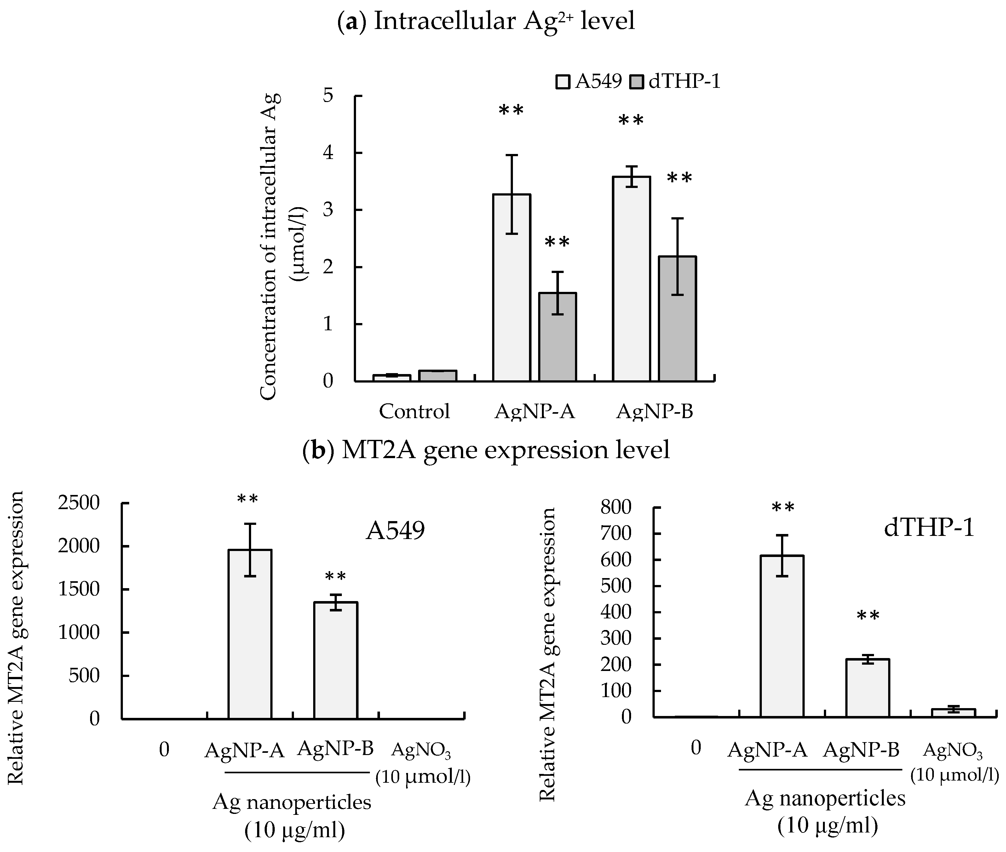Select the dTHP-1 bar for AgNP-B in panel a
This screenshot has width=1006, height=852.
677,319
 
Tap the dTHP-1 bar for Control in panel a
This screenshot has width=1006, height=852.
438,376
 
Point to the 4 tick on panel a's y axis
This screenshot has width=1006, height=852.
329,153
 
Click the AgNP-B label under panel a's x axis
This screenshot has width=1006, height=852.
655,412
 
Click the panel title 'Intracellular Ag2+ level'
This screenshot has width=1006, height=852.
486,21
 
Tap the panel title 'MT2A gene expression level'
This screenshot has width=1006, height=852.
486,450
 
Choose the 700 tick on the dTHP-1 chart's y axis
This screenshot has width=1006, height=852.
616,534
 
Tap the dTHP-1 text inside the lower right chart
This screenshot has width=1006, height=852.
929,528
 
